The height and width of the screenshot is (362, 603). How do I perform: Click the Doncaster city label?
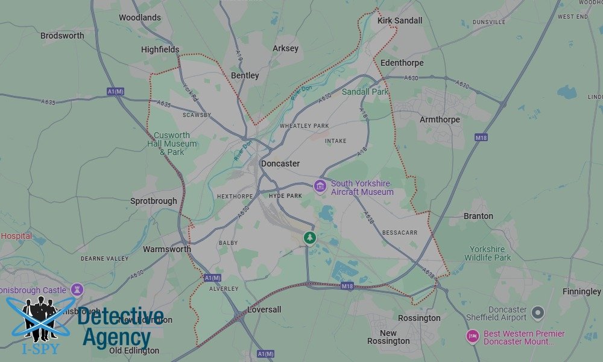point(280,164)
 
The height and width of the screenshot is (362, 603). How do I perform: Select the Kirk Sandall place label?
point(399,21)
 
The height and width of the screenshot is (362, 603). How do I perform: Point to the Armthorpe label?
point(440,119)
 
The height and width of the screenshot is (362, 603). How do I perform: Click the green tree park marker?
point(310,237)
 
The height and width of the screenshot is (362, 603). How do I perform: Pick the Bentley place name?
point(245,75)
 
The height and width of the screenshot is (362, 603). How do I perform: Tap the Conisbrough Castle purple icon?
point(77,290)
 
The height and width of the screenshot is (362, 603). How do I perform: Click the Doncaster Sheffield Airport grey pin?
point(538,313)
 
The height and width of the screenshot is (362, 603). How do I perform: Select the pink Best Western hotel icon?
point(472,337)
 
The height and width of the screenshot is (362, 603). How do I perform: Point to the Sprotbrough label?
point(154,201)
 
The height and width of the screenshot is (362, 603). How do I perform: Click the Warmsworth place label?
point(167,249)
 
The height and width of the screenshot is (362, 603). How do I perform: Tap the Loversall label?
point(264,310)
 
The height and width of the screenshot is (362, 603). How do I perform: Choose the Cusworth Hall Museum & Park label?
point(172,144)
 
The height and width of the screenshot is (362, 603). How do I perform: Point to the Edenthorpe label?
point(402,63)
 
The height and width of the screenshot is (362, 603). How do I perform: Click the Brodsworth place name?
point(62,36)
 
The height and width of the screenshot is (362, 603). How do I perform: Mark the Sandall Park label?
point(365,92)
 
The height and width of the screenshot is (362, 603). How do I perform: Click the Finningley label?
point(581,291)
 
